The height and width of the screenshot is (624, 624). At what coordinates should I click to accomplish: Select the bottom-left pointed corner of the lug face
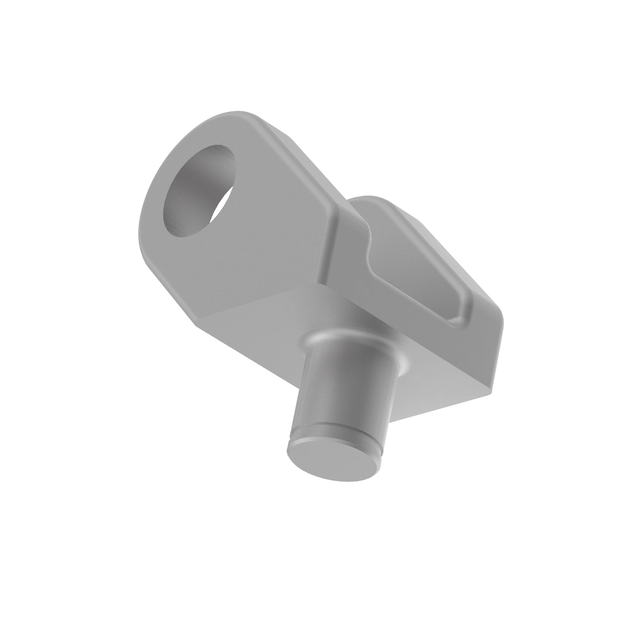[196, 323]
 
